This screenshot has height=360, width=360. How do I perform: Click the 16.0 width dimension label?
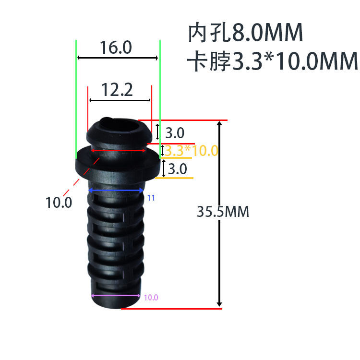click(115, 48)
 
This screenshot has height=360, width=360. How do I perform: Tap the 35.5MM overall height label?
click(223, 212)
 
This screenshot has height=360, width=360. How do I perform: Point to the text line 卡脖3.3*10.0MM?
click(273, 61)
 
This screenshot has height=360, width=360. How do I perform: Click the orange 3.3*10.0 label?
click(192, 151)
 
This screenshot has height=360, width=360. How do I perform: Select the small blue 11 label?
click(151, 197)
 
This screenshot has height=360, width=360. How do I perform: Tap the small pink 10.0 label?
click(151, 298)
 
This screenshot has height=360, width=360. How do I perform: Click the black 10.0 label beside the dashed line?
click(59, 203)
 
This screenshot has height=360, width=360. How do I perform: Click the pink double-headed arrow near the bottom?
click(117, 296)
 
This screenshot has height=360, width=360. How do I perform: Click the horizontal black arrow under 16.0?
click(118, 58)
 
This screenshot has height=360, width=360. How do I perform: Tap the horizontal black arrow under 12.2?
click(120, 100)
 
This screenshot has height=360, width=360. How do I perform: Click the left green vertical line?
click(76, 101)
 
